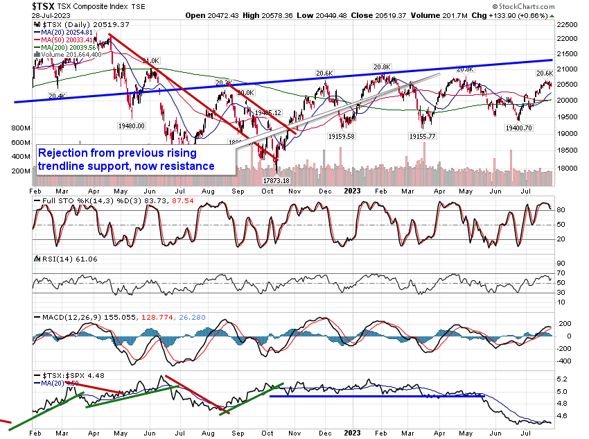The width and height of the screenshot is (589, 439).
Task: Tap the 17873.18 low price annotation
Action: pos(276,181)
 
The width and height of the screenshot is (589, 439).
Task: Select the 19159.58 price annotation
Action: pos(340,137)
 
